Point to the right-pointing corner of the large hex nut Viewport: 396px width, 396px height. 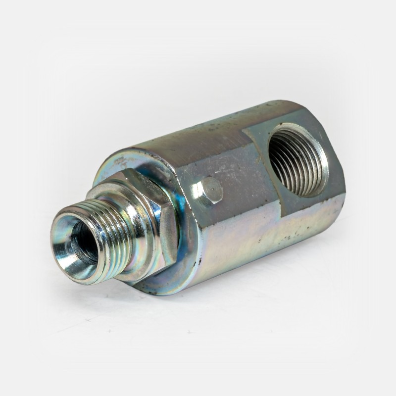click(x=176, y=233)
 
